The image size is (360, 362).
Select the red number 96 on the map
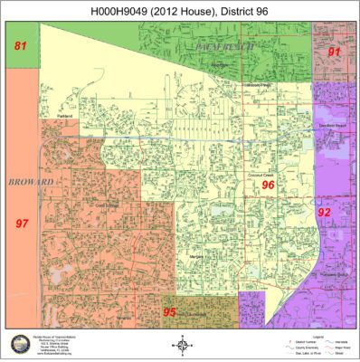click(x=268, y=185)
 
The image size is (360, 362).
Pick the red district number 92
click(x=324, y=212)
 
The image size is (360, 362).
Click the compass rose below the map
click(x=181, y=345)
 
